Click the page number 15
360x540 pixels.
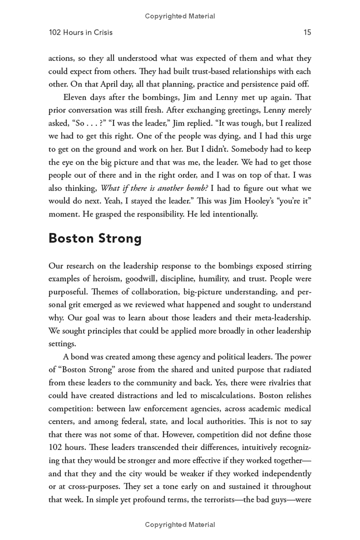(x=307, y=32)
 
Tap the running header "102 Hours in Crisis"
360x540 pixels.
(x=81, y=32)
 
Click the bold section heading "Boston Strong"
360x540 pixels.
(x=95, y=238)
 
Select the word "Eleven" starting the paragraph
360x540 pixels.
(x=76, y=97)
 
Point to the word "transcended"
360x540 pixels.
(x=149, y=448)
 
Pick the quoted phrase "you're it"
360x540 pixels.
(x=292, y=202)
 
